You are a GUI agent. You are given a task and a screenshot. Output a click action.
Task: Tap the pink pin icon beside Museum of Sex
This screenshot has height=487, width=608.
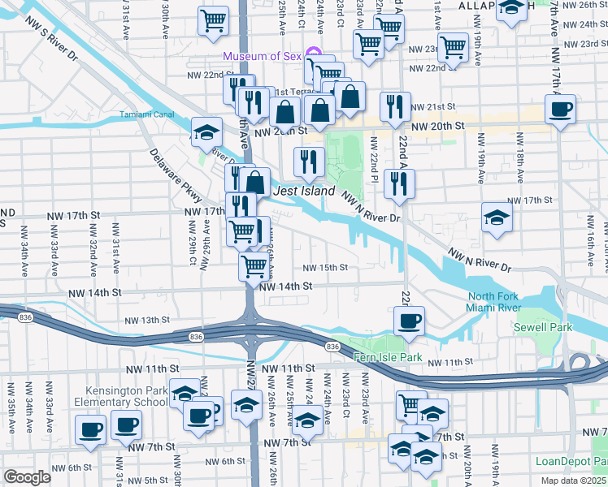[x=313, y=56]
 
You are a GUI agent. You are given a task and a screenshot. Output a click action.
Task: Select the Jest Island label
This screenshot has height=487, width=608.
[x=305, y=192]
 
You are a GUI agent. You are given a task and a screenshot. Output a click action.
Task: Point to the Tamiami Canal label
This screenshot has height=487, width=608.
[x=148, y=114]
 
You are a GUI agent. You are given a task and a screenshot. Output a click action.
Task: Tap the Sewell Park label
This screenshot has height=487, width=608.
[x=543, y=327]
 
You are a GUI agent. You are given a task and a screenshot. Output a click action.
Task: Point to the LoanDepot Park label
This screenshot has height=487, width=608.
[x=571, y=460]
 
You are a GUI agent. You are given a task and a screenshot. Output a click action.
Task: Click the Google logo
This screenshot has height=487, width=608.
[x=27, y=477]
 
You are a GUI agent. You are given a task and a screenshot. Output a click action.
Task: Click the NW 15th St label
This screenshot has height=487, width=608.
[x=325, y=268]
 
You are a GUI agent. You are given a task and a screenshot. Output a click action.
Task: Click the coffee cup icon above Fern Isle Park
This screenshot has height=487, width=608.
[x=410, y=320]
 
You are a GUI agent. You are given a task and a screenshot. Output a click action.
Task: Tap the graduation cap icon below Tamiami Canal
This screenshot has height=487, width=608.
[x=206, y=131]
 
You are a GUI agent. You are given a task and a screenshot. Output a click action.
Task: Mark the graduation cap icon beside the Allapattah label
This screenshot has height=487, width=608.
[x=511, y=10]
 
